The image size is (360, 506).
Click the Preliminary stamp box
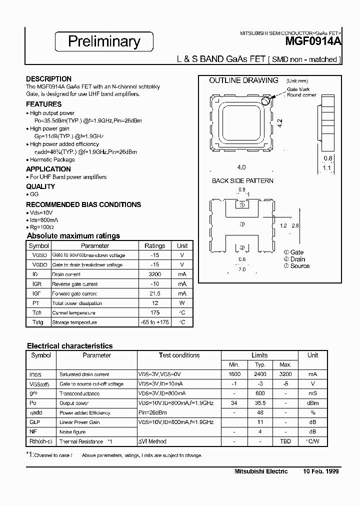point(104,41)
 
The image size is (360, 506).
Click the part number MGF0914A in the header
point(313,42)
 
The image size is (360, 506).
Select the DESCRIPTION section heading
point(48,79)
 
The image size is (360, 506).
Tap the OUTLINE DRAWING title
point(243,80)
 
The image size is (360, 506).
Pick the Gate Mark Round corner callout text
point(301,92)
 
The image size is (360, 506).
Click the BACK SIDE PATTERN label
point(242,180)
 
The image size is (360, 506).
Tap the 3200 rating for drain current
point(154,274)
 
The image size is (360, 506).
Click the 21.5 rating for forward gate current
point(154,293)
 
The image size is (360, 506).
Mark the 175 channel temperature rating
point(154,313)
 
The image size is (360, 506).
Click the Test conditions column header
point(179,355)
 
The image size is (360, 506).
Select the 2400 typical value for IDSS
point(259,374)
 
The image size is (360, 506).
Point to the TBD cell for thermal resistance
point(285,441)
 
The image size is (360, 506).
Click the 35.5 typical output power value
point(259,403)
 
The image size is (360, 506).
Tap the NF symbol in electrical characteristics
point(34,432)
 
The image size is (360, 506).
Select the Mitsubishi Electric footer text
point(261,471)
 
